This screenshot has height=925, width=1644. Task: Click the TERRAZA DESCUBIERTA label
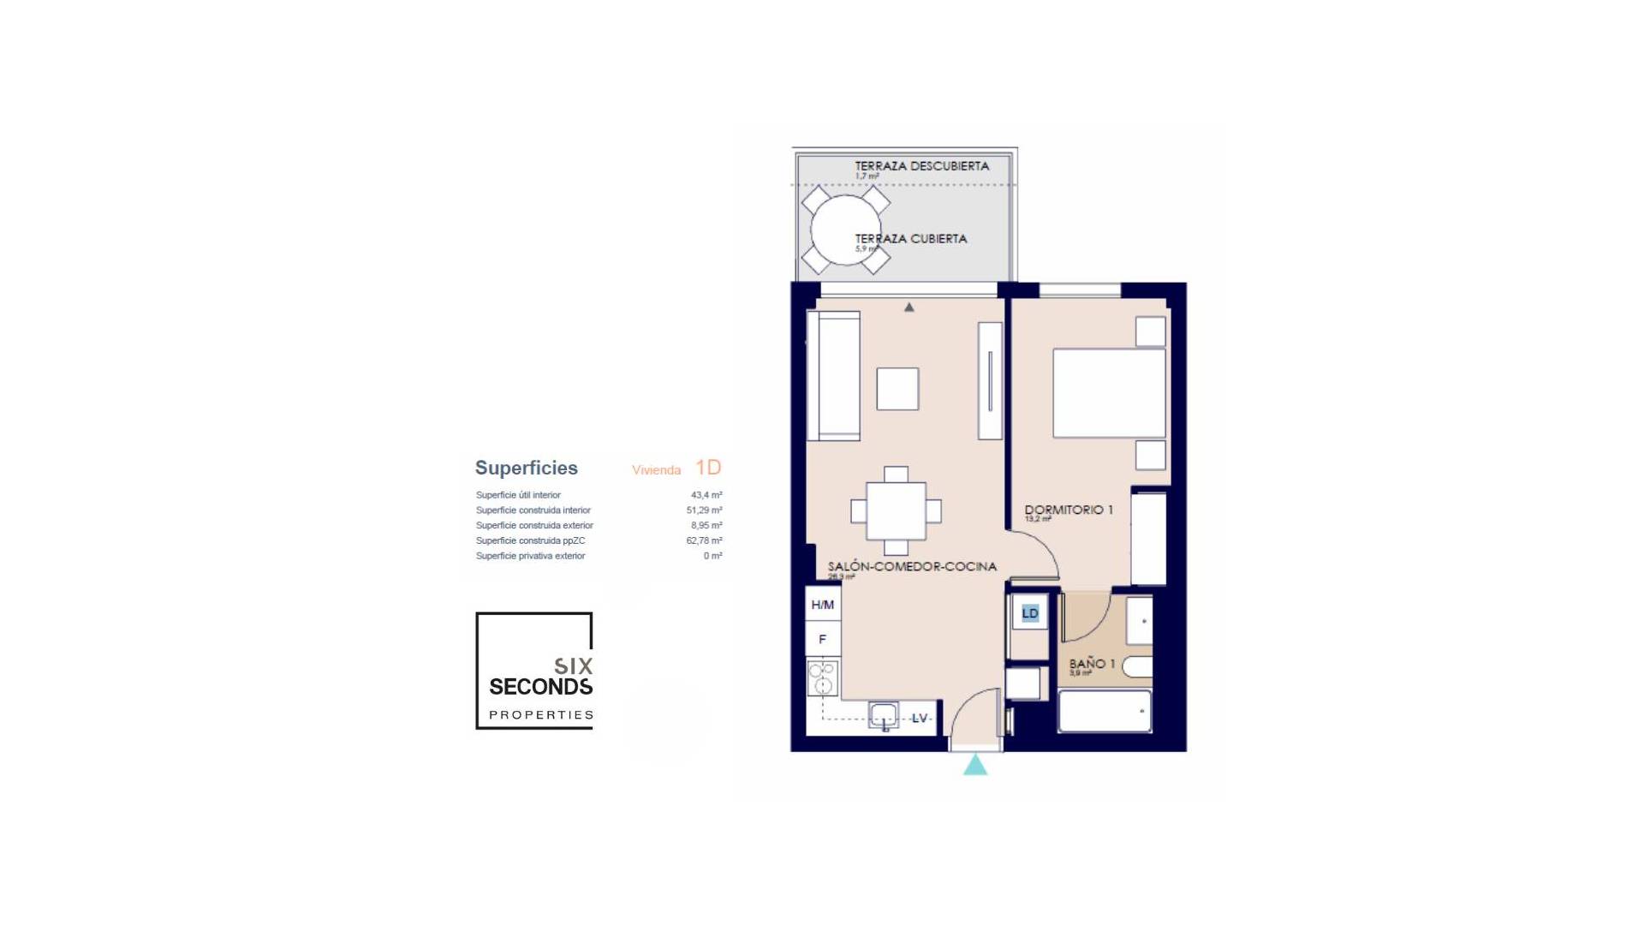pyautogui.click(x=921, y=166)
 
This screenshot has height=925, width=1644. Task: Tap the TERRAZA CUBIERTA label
pyautogui.click(x=911, y=239)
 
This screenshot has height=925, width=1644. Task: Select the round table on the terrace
pyautogui.click(x=844, y=230)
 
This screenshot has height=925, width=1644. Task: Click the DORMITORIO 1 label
pyautogui.click(x=1069, y=510)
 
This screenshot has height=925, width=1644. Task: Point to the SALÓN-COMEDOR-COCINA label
pyautogui.click(x=912, y=566)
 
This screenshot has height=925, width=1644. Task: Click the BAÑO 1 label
pyautogui.click(x=1092, y=664)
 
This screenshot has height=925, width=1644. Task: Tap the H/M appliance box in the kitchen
pyautogui.click(x=822, y=605)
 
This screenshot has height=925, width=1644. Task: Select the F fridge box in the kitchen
pyautogui.click(x=822, y=639)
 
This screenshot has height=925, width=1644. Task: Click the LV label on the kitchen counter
pyautogui.click(x=920, y=718)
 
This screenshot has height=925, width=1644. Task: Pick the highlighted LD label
pyautogui.click(x=1030, y=613)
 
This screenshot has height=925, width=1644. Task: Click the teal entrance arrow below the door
pyautogui.click(x=975, y=765)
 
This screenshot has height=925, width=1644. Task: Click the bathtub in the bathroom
pyautogui.click(x=1105, y=711)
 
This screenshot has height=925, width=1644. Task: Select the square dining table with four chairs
pyautogui.click(x=896, y=511)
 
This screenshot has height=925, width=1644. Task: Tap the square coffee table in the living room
pyautogui.click(x=897, y=389)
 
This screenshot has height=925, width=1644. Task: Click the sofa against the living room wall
pyautogui.click(x=834, y=376)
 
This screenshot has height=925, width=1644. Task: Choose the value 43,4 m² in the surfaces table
pyautogui.click(x=706, y=495)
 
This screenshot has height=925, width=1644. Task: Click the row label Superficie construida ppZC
pyautogui.click(x=530, y=540)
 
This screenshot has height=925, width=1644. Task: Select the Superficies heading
pyautogui.click(x=526, y=468)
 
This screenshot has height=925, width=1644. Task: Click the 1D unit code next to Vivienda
pyautogui.click(x=708, y=467)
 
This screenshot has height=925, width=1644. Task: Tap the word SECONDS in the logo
pyautogui.click(x=540, y=687)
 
